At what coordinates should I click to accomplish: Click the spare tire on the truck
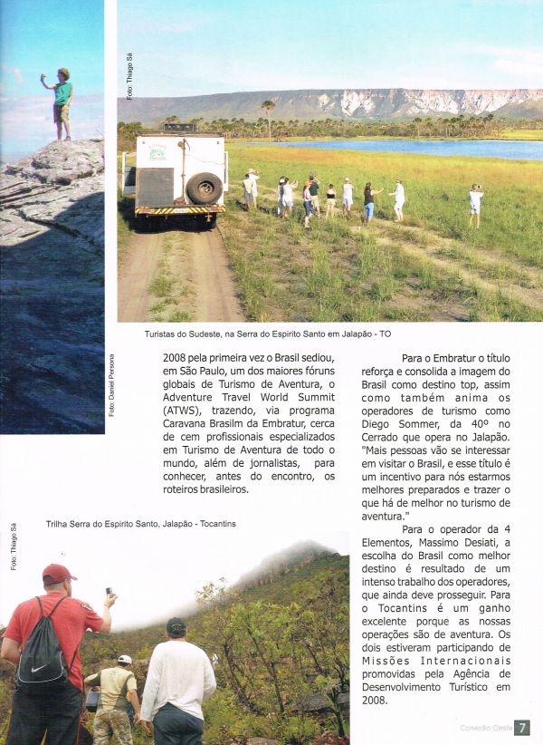[x=204, y=188]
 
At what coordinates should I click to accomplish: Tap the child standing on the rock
[x=61, y=102]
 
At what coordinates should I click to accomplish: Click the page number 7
[x=523, y=727]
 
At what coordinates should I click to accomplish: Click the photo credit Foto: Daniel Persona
[x=112, y=385]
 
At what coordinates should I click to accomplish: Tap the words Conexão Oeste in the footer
[x=485, y=727]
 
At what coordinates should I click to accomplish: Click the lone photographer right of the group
[x=475, y=205]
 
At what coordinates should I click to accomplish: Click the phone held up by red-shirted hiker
[x=109, y=593]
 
